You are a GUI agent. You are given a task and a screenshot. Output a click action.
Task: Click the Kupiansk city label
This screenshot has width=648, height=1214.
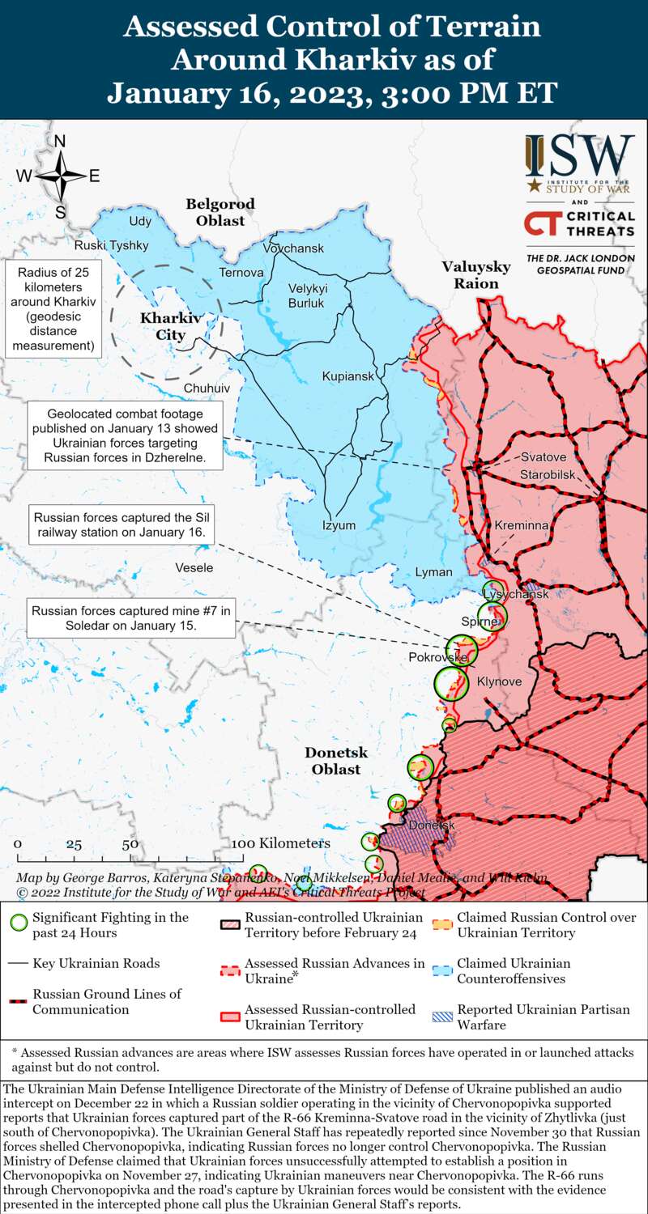click(x=348, y=376)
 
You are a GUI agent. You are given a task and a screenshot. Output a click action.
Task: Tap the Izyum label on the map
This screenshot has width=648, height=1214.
click(x=339, y=525)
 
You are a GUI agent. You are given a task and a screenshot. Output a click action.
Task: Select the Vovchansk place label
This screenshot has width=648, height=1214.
click(x=293, y=248)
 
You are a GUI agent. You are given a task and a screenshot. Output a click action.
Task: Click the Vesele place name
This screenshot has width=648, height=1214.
click(x=194, y=568)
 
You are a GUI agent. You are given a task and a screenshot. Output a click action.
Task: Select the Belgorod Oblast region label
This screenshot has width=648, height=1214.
click(x=220, y=212)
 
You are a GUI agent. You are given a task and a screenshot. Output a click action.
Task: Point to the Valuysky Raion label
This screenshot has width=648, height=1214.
click(x=476, y=275)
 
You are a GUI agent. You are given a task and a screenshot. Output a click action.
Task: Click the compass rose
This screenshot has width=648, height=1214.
click(x=60, y=176)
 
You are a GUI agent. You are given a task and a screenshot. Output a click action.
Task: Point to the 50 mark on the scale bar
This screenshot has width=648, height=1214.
click(x=130, y=844)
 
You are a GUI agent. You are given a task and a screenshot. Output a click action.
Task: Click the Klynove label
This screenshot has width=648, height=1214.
click(x=499, y=681)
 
